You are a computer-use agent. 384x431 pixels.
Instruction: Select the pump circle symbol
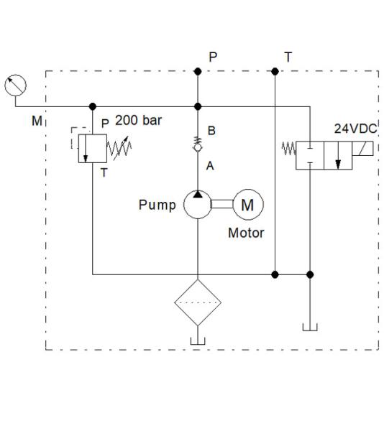coord(197,205)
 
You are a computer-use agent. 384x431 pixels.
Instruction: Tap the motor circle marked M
coord(247,205)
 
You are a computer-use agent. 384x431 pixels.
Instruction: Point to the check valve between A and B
coord(198,148)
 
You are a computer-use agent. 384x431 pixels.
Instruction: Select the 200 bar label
coord(139,121)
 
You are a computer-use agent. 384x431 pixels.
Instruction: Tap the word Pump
coord(157,205)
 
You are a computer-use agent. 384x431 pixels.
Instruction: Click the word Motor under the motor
coord(246,233)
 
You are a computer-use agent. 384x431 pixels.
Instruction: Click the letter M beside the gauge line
coord(37,121)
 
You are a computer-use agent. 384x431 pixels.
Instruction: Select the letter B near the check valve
coord(211,131)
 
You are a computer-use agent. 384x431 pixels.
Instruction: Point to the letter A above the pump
coord(211,166)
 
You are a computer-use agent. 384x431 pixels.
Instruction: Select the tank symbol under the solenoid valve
coord(310,328)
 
